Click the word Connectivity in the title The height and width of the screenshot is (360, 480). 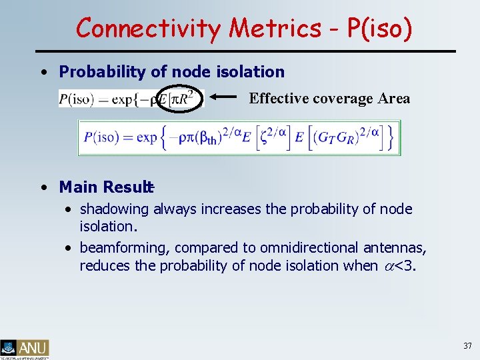(x=149, y=28)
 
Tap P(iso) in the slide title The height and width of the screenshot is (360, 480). (x=376, y=28)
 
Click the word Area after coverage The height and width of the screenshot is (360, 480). (x=393, y=99)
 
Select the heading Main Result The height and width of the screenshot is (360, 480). (x=105, y=187)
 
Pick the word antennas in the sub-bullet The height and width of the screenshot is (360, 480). (x=400, y=247)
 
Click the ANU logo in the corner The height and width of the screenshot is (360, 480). (x=25, y=348)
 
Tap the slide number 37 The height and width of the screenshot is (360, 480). (x=467, y=346)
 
